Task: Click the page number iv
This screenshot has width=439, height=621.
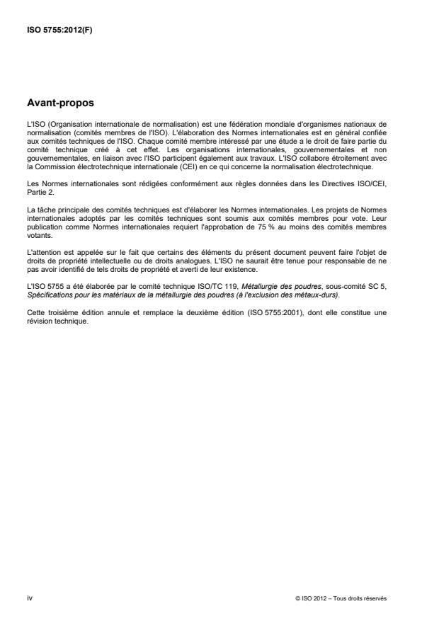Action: pyautogui.click(x=29, y=598)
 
